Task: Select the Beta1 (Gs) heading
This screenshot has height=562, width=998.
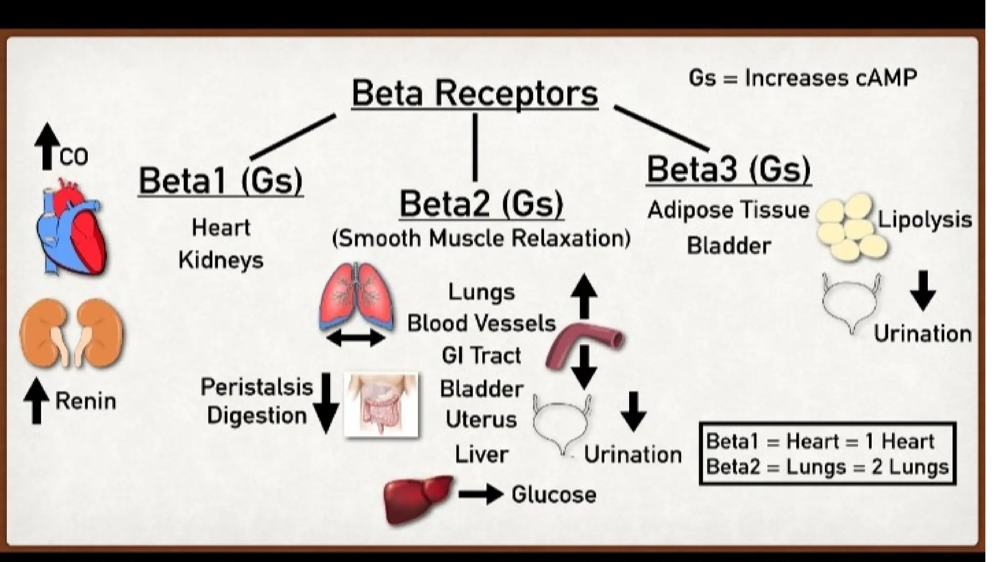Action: coord(221,181)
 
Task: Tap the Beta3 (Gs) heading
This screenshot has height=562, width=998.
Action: coord(729,169)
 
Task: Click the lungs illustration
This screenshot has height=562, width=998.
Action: coord(356,298)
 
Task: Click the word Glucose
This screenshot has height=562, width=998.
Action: coord(554,495)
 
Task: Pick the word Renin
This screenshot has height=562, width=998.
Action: coord(86,401)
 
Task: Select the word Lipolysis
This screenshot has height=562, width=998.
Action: coord(924,220)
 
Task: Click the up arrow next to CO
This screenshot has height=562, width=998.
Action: coord(47,146)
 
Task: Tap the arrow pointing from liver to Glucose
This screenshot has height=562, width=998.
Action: coord(480,495)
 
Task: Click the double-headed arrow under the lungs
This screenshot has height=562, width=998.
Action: coord(356,338)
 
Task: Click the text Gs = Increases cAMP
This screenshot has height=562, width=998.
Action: coord(803,78)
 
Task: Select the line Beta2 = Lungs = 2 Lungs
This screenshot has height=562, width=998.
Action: coord(827,467)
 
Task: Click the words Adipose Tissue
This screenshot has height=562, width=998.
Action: coord(728,210)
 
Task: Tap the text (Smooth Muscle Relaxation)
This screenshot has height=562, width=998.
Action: coord(481,239)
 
